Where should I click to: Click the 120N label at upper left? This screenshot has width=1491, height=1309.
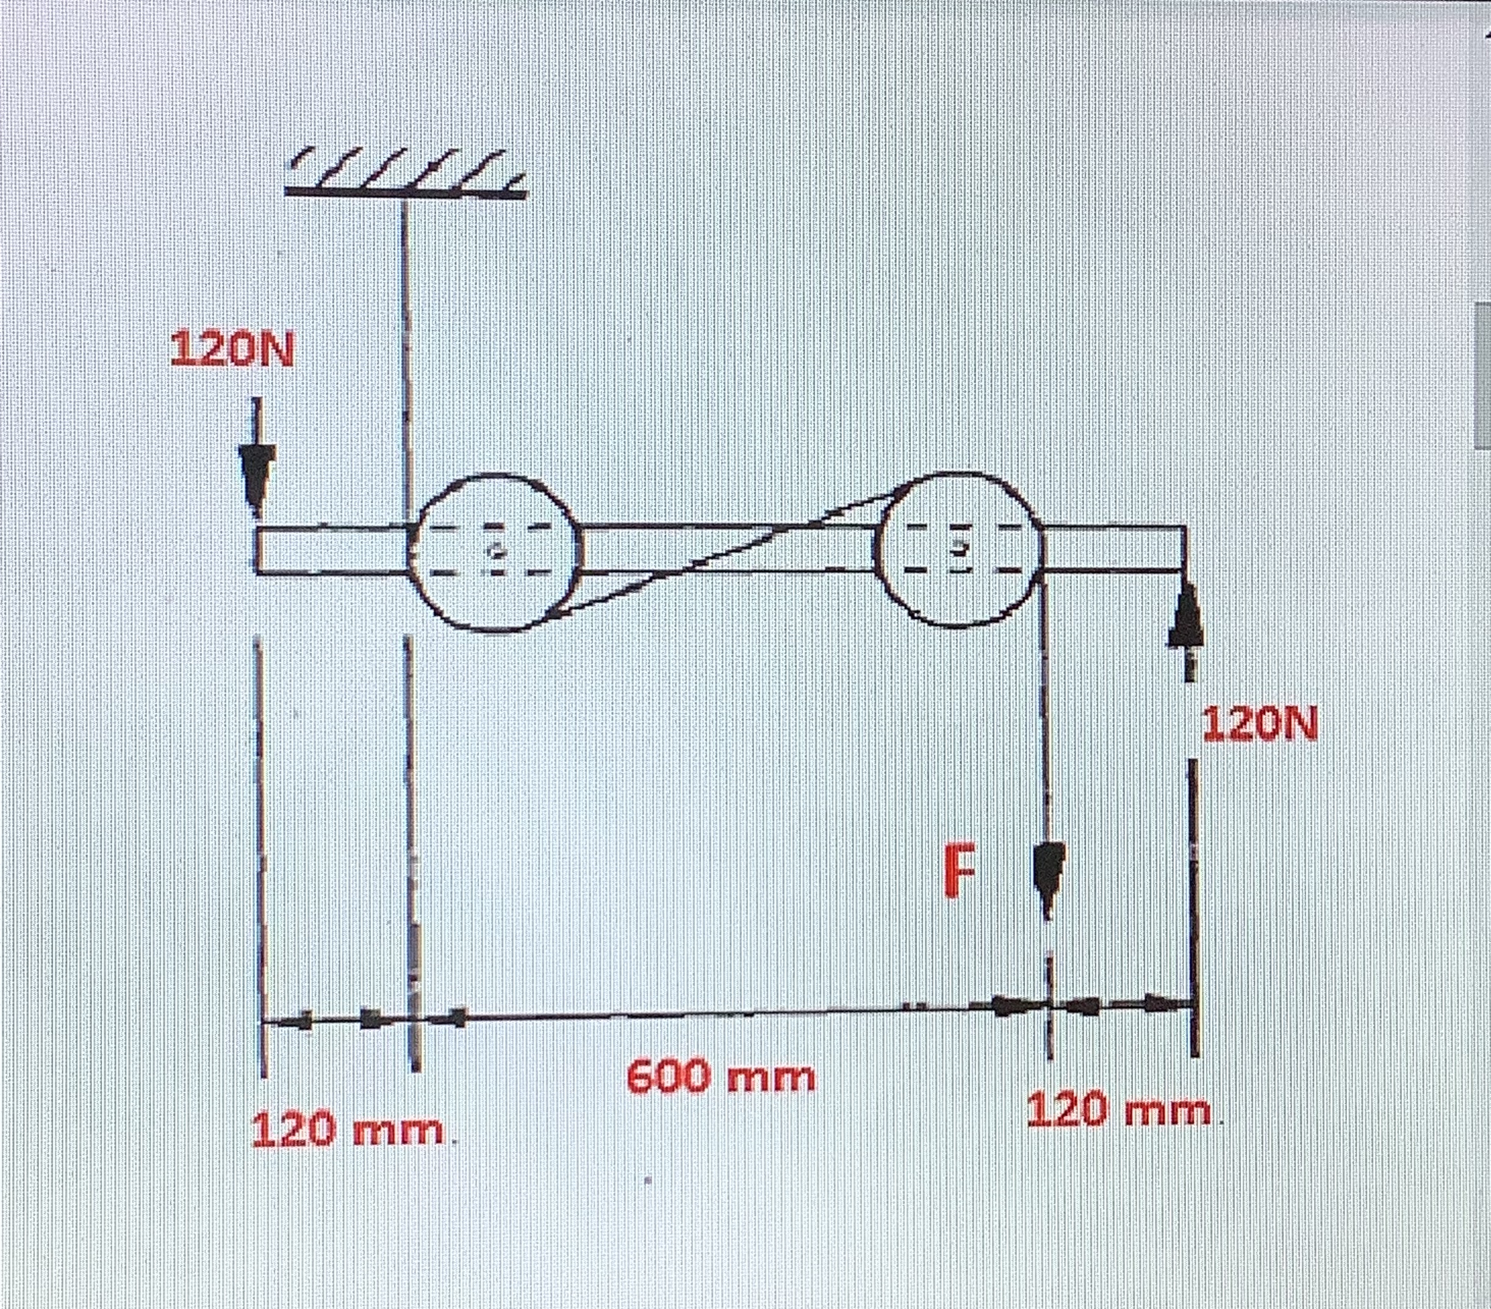(231, 350)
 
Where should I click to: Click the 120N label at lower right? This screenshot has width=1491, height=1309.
(1260, 724)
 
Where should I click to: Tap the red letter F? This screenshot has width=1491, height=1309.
(958, 870)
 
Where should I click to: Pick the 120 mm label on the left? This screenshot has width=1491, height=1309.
(348, 1130)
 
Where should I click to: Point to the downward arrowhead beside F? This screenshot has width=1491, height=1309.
(1048, 873)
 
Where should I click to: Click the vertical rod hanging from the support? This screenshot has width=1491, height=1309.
(406, 350)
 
